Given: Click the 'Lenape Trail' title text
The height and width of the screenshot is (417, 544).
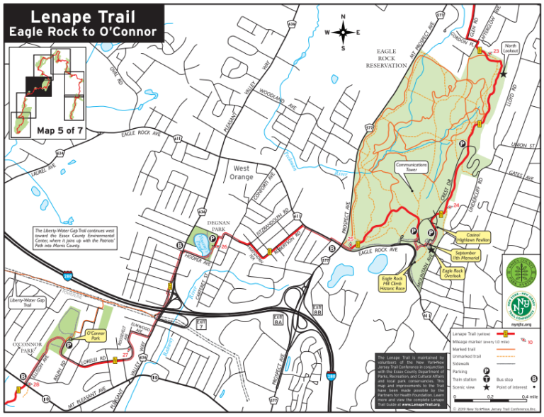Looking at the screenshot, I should [84, 16].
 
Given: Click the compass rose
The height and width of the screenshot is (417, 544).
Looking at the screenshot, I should [343, 32].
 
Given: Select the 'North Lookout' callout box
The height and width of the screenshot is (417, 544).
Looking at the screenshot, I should [510, 49].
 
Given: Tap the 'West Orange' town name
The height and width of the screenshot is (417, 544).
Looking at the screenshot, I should [242, 173].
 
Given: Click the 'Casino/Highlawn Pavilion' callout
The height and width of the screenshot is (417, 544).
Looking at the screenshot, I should [470, 237].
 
